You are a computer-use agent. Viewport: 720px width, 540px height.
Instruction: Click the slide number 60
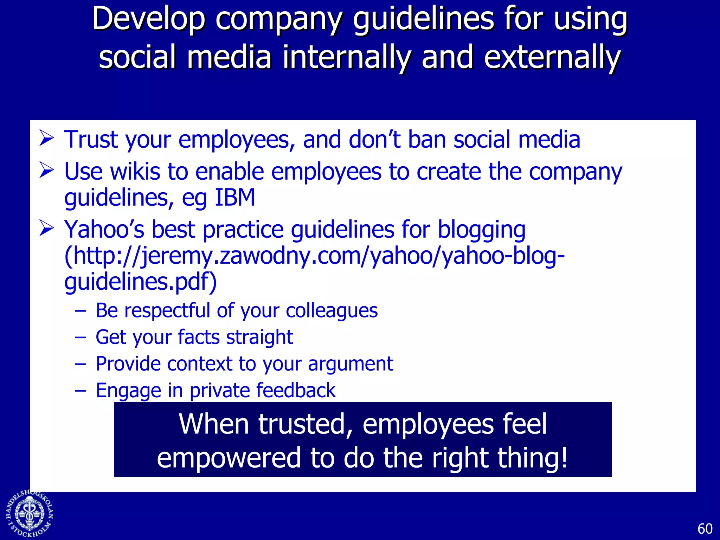pos(705,529)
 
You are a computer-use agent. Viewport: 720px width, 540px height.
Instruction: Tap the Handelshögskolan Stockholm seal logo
pos(30,514)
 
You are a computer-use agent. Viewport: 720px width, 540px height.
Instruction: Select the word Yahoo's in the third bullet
pos(104,230)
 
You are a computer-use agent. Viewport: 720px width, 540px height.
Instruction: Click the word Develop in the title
pos(148,19)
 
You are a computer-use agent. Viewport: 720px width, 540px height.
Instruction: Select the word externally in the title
pos(552,57)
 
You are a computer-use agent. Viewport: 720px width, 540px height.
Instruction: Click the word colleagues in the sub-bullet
pos(332,311)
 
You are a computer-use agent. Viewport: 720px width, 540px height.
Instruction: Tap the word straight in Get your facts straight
pos(259,337)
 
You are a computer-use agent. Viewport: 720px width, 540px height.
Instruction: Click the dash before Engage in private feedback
pos(81,390)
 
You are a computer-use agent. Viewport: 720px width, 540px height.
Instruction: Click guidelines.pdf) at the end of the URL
pos(140,282)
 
